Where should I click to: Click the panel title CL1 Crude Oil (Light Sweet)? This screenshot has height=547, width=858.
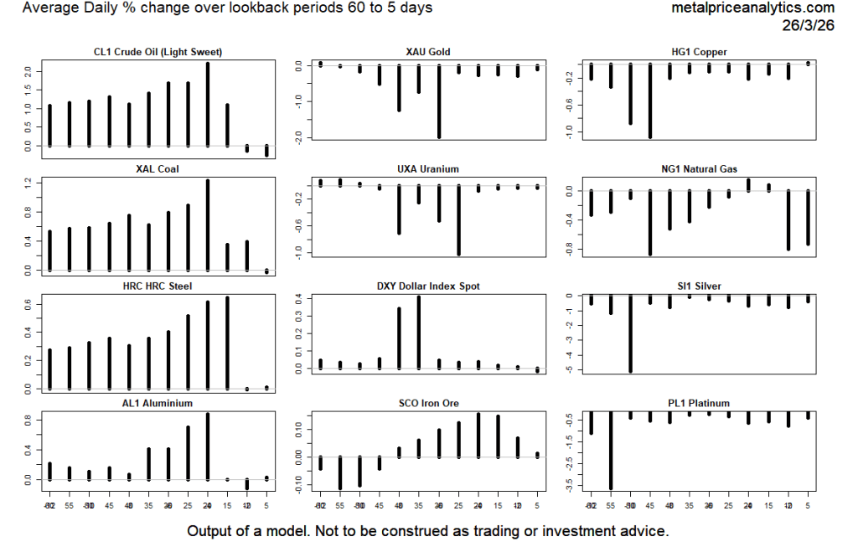tap(158, 52)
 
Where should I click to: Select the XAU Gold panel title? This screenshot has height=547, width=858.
tap(428, 52)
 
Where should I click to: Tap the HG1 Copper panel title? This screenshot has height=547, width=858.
tap(699, 52)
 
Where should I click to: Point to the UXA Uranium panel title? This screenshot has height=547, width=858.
tap(428, 169)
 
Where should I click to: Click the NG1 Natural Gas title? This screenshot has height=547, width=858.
tap(699, 169)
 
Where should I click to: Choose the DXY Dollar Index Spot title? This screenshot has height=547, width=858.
tap(428, 286)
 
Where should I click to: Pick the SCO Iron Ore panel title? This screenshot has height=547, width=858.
tap(428, 404)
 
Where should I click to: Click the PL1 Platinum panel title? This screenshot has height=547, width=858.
tap(699, 404)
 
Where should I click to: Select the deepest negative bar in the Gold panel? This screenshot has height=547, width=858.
tap(438, 101)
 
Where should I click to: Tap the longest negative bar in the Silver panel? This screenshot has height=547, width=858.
tap(630, 333)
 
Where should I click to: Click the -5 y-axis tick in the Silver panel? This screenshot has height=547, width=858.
tap(570, 369)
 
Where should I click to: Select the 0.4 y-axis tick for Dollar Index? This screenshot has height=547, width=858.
tap(299, 297)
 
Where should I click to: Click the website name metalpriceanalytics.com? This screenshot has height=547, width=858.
tap(753, 8)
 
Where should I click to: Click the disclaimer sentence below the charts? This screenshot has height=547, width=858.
tap(428, 531)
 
